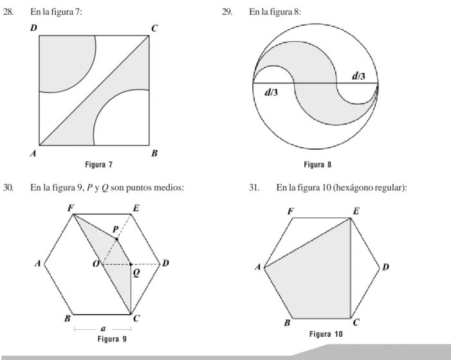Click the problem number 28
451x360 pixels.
coord(8,12)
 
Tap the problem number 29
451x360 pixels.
coord(227,12)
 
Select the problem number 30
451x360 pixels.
coord(8,188)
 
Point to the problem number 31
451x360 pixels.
coord(254,188)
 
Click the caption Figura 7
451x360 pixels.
coord(98,165)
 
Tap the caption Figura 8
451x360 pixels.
coord(318,165)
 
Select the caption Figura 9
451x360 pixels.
coord(112,339)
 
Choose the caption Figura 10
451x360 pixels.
coord(326,334)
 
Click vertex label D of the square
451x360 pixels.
coord(33,28)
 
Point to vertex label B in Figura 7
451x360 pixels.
coord(154,154)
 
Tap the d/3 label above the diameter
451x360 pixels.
coord(358,76)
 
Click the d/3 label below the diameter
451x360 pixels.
coord(272,92)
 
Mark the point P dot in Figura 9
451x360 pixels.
coord(116,239)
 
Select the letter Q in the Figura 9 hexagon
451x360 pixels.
coord(136,273)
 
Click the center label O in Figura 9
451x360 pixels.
coord(96,264)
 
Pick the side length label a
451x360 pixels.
coord(104,328)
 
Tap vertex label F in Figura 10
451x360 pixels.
coord(291,212)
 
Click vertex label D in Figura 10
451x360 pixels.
coord(385,267)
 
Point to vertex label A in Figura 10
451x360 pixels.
coord(258,267)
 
